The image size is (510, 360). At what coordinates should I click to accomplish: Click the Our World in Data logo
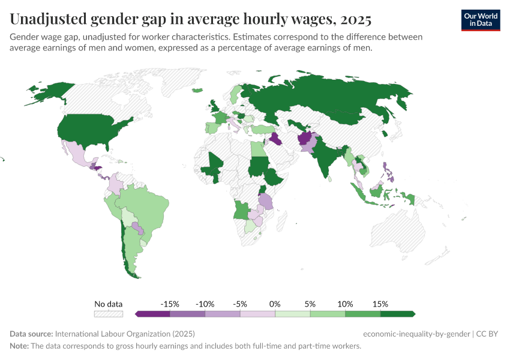pyautogui.click(x=480, y=20)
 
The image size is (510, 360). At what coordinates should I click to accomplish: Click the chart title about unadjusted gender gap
pyautogui.click(x=191, y=20)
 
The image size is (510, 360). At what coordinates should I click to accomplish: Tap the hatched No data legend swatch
pyautogui.click(x=109, y=314)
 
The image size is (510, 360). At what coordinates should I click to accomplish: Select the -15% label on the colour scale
pyautogui.click(x=170, y=304)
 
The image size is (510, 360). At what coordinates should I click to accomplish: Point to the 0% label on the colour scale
pyautogui.click(x=275, y=304)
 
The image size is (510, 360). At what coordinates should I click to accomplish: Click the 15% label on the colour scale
pyautogui.click(x=380, y=304)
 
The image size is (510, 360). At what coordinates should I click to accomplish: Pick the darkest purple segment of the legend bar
pyautogui.click(x=153, y=314)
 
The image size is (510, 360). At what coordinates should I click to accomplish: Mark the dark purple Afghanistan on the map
pyautogui.click(x=304, y=140)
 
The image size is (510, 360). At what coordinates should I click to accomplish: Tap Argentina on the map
pyautogui.click(x=134, y=252)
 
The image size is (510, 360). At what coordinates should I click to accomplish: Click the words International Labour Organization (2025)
pyautogui.click(x=125, y=334)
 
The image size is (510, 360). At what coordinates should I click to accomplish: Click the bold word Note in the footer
pyautogui.click(x=20, y=346)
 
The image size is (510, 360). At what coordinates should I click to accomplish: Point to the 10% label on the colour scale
pyautogui.click(x=345, y=304)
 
